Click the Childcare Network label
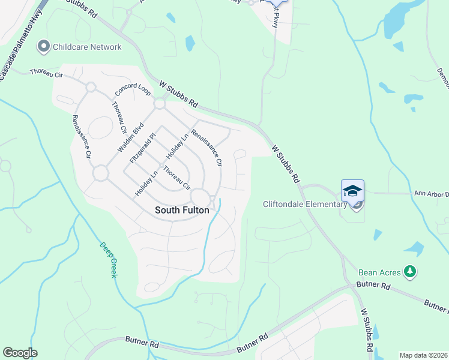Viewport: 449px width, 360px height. tap(87, 47)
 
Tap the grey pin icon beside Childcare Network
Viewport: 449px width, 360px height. tap(43, 46)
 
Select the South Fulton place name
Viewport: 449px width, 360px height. tap(182, 210)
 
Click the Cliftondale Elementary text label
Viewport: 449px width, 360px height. tap(305, 204)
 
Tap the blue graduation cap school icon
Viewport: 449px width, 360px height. tap(352, 191)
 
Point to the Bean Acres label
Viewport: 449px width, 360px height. tap(379, 272)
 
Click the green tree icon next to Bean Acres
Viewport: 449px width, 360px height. tap(410, 272)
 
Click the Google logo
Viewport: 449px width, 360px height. tap(20, 353)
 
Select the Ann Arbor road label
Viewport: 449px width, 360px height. tap(431, 194)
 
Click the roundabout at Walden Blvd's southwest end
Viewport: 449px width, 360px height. tap(100, 173)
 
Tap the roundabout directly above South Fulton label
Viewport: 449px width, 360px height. tap(199, 196)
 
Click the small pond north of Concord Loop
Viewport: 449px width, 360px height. tap(190, 43)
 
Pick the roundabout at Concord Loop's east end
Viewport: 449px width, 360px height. tap(159, 104)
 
